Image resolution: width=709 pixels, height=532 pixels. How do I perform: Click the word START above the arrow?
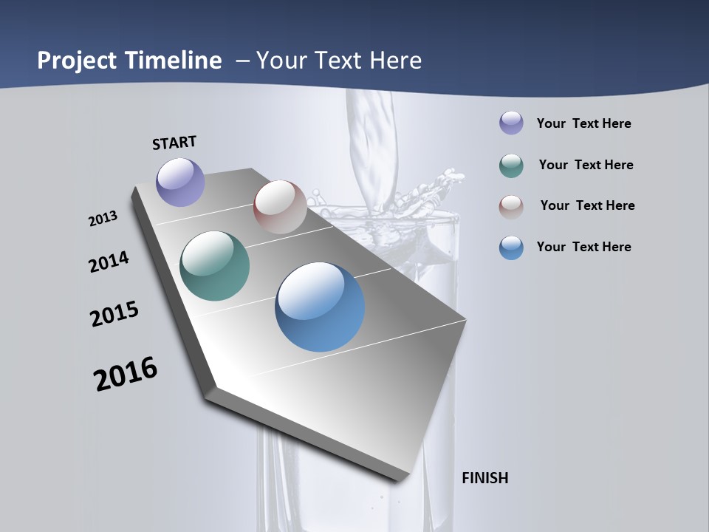tap(174, 143)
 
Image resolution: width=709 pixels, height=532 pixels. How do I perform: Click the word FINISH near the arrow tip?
tap(484, 478)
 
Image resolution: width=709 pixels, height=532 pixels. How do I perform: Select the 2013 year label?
tap(103, 219)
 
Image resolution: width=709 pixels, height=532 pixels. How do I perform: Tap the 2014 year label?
tap(109, 262)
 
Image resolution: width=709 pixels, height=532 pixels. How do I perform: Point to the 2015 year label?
tap(114, 314)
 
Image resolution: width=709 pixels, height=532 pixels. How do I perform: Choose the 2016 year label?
tap(126, 374)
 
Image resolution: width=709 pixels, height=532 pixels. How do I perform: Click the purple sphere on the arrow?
tap(180, 182)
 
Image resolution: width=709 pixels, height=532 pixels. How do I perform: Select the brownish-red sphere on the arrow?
tap(280, 207)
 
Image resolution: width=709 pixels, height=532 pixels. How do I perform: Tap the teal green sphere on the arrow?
tap(214, 266)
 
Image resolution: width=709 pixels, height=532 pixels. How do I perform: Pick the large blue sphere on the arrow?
tap(320, 307)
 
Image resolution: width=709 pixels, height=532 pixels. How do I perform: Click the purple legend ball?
tap(511, 123)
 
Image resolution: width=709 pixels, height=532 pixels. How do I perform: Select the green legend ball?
tap(511, 166)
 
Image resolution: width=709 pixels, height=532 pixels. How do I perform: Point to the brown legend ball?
tap(511, 206)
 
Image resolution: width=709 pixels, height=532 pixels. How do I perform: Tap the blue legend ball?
tap(511, 248)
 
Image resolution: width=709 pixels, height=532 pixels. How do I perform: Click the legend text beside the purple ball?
tap(583, 123)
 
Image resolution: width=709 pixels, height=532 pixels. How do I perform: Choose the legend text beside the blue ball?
tap(583, 247)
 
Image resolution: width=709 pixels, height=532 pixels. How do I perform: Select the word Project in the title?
tap(77, 61)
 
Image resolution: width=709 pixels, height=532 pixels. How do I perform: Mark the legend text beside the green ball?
tap(586, 165)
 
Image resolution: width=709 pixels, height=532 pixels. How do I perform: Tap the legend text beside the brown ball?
tap(587, 205)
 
